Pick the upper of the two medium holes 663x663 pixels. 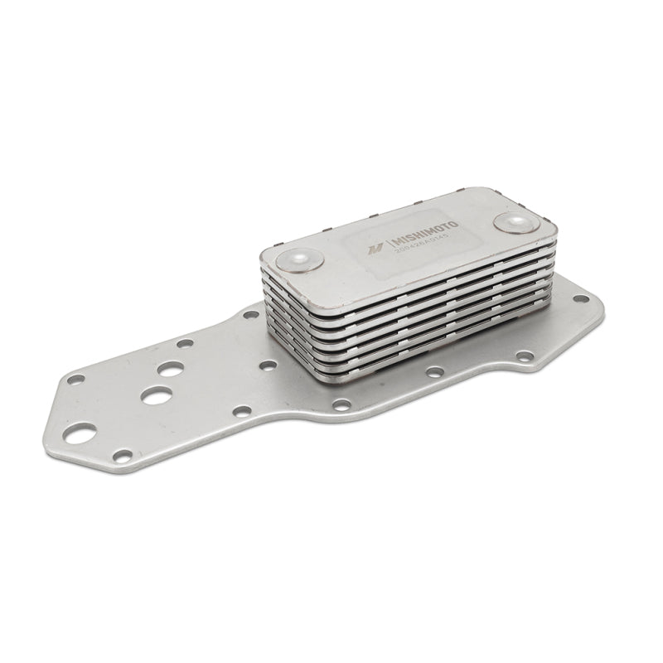pos(170,370)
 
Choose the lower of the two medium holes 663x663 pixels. pos(155,395)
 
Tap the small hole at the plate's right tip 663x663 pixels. pos(581,298)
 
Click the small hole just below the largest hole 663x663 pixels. pos(123,455)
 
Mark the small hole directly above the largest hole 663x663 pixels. pos(75,380)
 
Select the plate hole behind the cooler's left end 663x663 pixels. pos(250,314)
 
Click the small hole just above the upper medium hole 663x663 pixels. pos(185,343)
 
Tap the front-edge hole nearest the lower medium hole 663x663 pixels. pos(242,410)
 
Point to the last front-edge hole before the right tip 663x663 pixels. pos(525,356)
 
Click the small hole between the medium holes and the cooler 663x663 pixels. pos(267,365)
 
